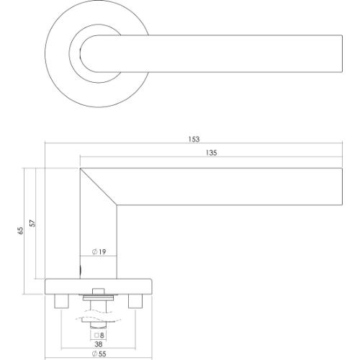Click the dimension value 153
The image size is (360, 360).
(x=192, y=140)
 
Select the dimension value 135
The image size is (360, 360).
(x=211, y=153)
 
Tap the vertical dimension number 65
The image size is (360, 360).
(x=22, y=230)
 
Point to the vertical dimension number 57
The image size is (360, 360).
(x=32, y=223)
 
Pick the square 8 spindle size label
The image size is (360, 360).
(x=98, y=335)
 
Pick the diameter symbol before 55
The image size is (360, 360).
(x=93, y=355)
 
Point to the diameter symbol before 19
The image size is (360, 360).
(x=94, y=253)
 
